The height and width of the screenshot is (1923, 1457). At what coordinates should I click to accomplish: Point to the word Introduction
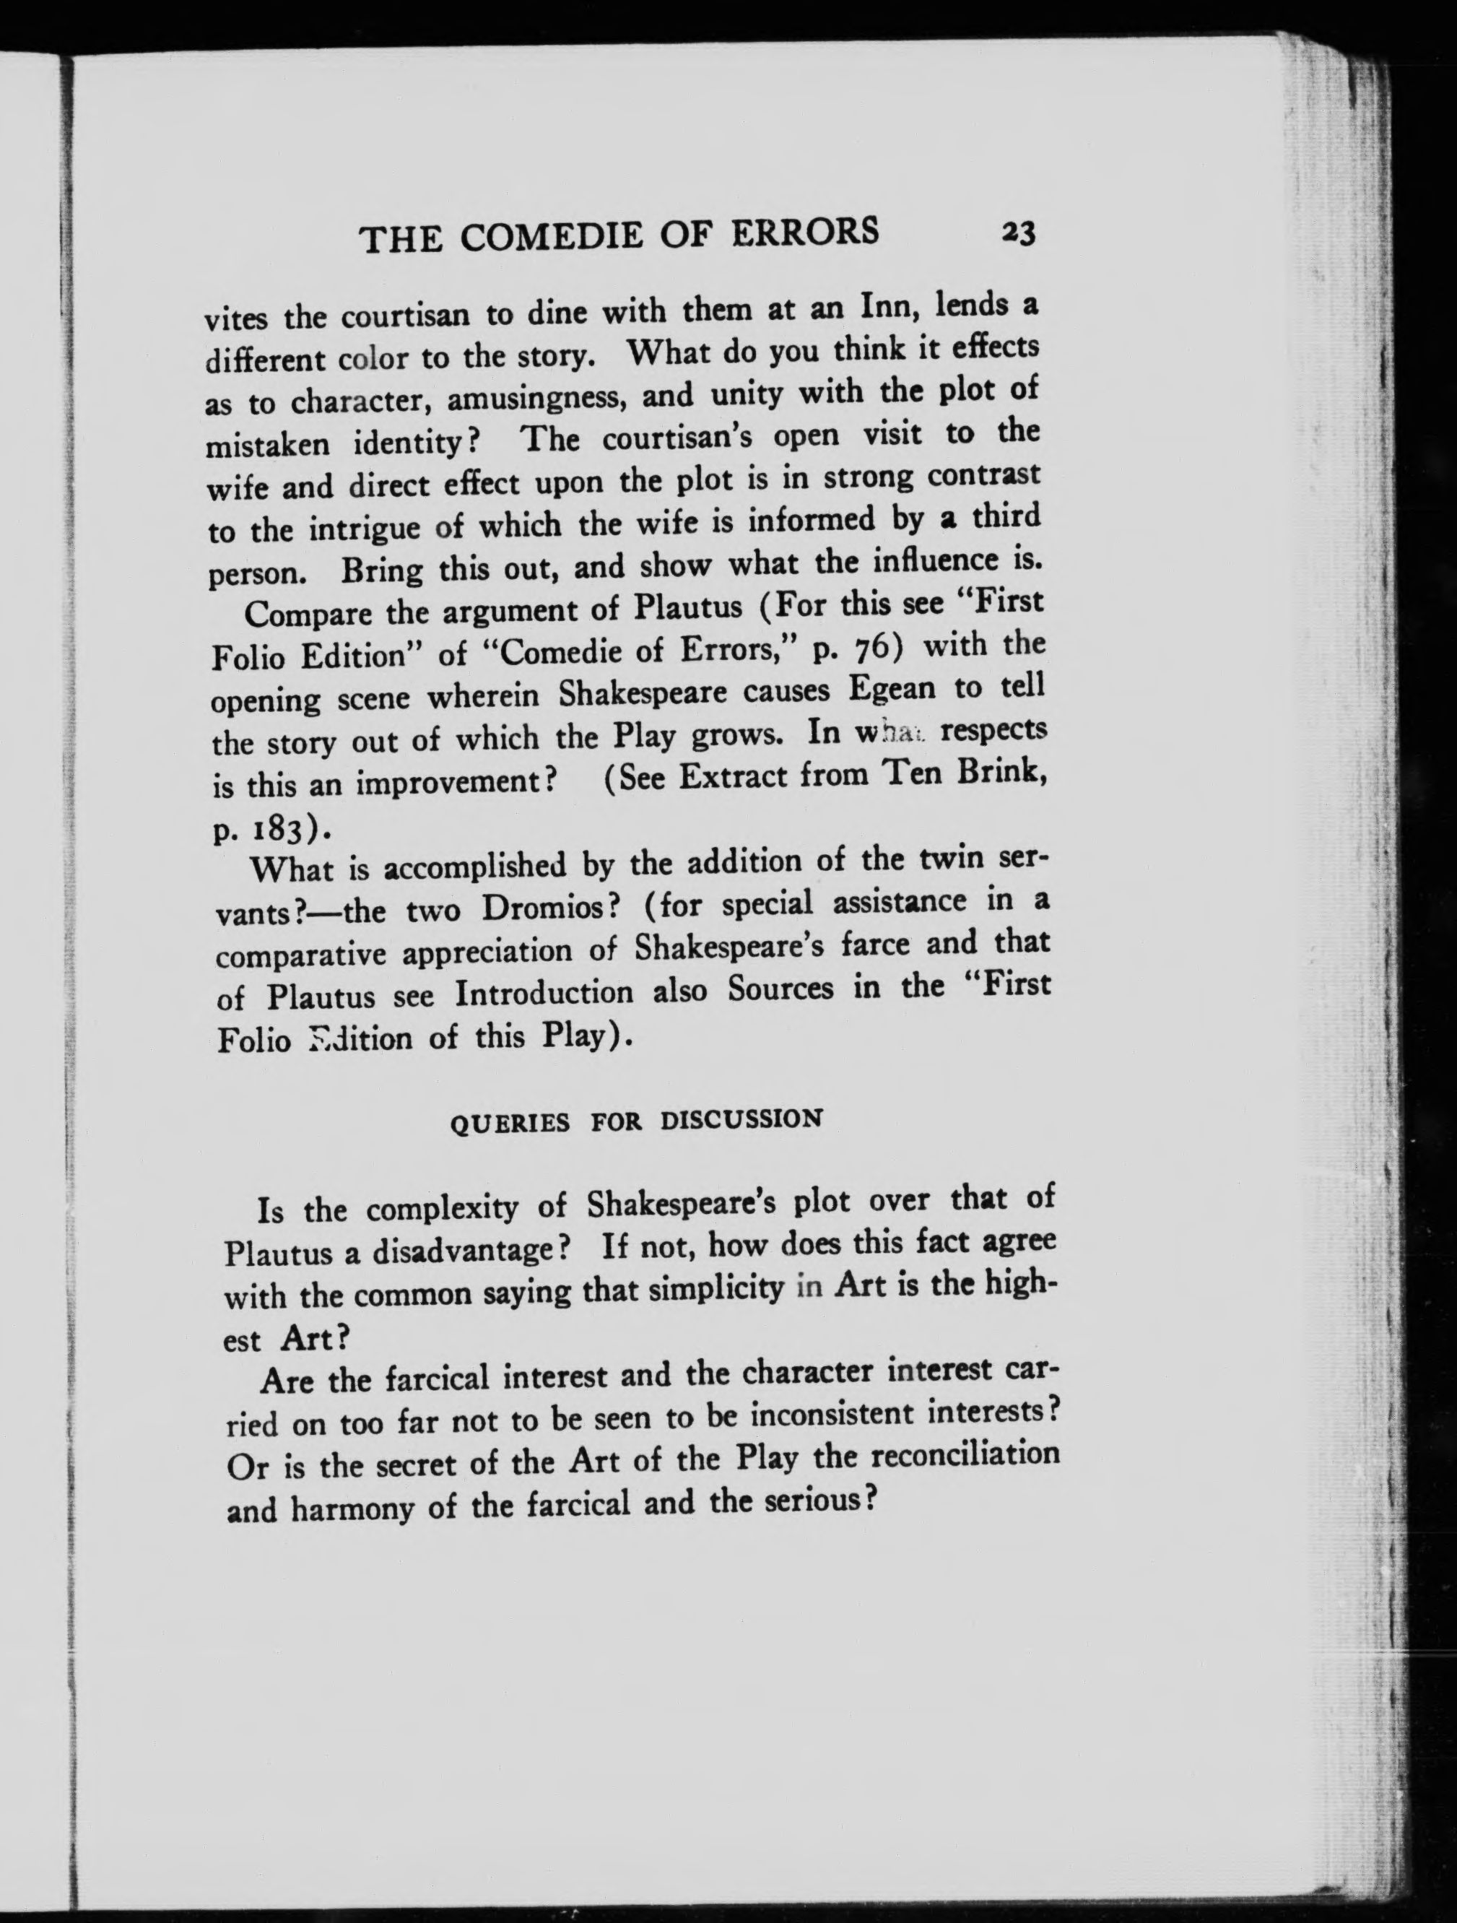click(x=544, y=993)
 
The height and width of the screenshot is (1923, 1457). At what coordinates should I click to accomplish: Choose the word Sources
click(x=780, y=989)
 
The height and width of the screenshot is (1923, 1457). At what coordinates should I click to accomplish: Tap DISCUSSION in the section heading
click(x=741, y=1120)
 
